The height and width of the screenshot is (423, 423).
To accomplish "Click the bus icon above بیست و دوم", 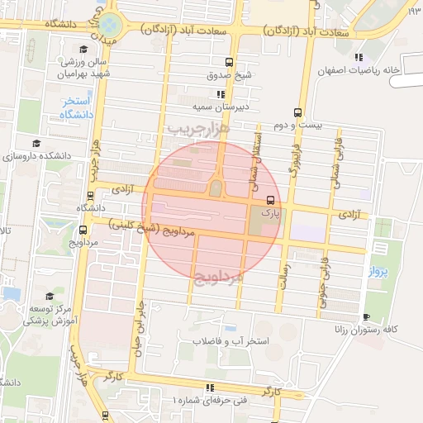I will [297, 114].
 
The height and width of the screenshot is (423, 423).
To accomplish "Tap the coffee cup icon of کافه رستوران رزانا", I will [366, 316].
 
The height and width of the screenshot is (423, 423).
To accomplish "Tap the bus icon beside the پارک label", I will [269, 199].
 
